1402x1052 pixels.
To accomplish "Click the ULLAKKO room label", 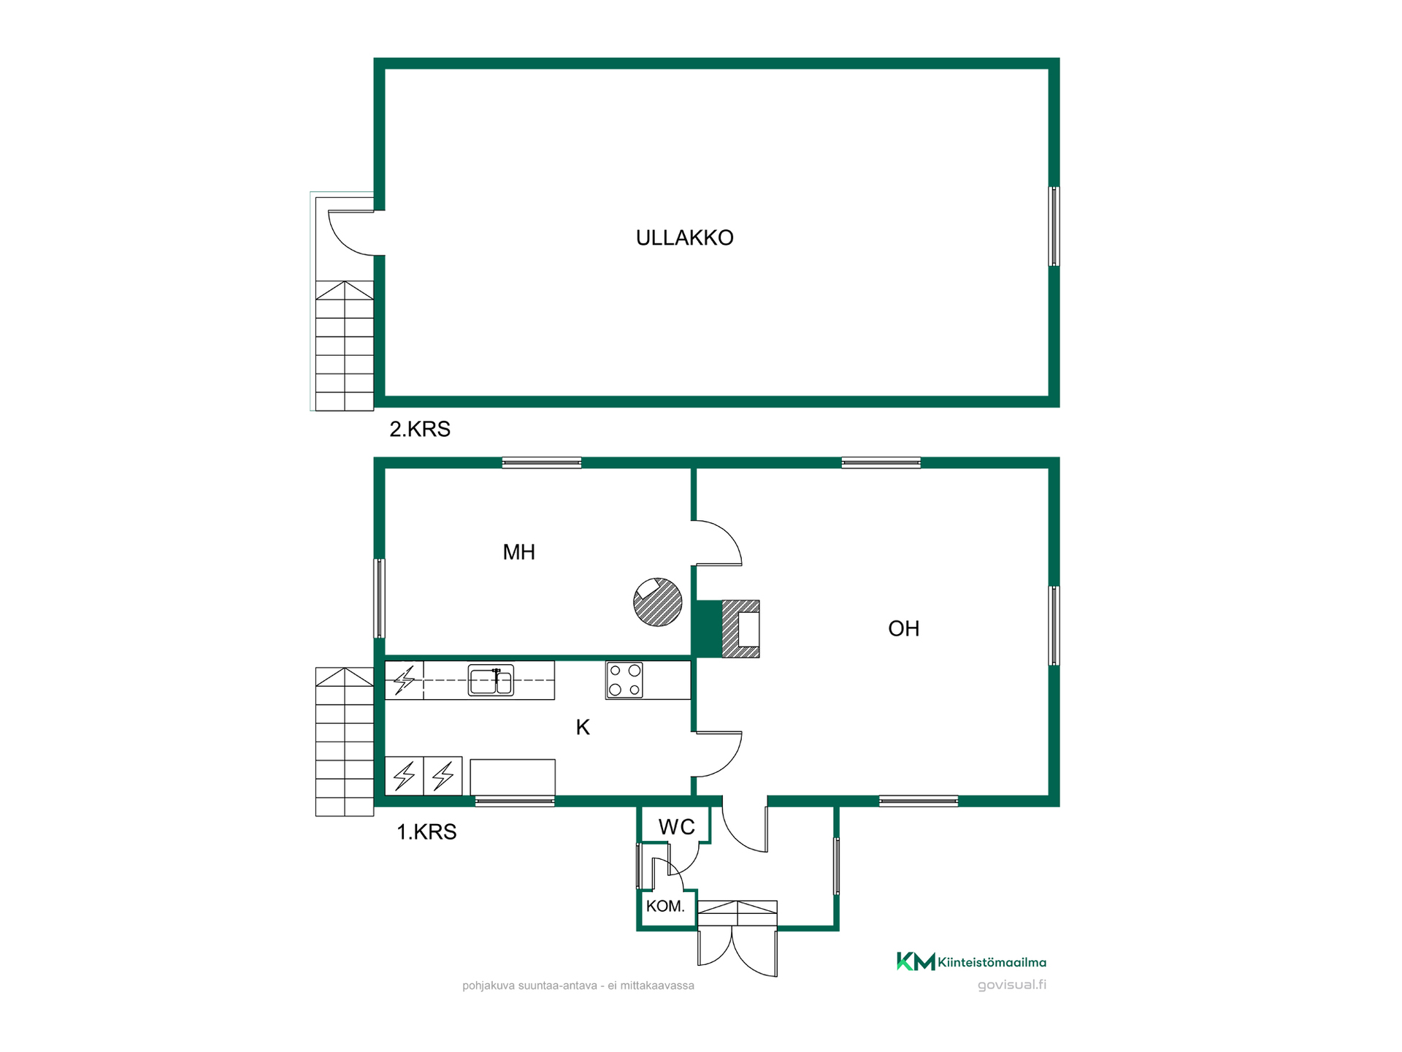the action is pyautogui.click(x=684, y=237).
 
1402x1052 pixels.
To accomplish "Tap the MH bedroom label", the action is pyautogui.click(x=518, y=552).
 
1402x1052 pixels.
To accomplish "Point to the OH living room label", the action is pyautogui.click(x=903, y=628).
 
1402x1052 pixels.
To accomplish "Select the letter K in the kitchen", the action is pyautogui.click(x=583, y=727).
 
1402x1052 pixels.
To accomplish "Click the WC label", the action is pyautogui.click(x=676, y=827).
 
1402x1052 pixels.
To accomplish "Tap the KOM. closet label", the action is pyautogui.click(x=665, y=907).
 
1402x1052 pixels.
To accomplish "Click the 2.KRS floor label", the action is pyautogui.click(x=420, y=429).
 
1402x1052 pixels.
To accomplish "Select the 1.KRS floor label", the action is pyautogui.click(x=426, y=832).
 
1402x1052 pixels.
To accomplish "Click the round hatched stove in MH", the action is pyautogui.click(x=657, y=602).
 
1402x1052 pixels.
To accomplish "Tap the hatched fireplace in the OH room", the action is pyautogui.click(x=740, y=629).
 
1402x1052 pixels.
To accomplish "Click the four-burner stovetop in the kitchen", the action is pyautogui.click(x=624, y=680).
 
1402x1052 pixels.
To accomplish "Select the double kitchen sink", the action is pyautogui.click(x=491, y=680).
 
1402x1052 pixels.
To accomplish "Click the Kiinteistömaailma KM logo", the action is pyautogui.click(x=971, y=961).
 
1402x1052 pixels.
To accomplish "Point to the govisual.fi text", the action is pyautogui.click(x=1011, y=985).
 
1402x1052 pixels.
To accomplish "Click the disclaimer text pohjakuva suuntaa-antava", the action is pyautogui.click(x=578, y=986).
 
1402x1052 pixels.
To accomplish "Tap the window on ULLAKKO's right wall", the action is pyautogui.click(x=1054, y=226).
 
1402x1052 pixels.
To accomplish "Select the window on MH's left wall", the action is pyautogui.click(x=379, y=598).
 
